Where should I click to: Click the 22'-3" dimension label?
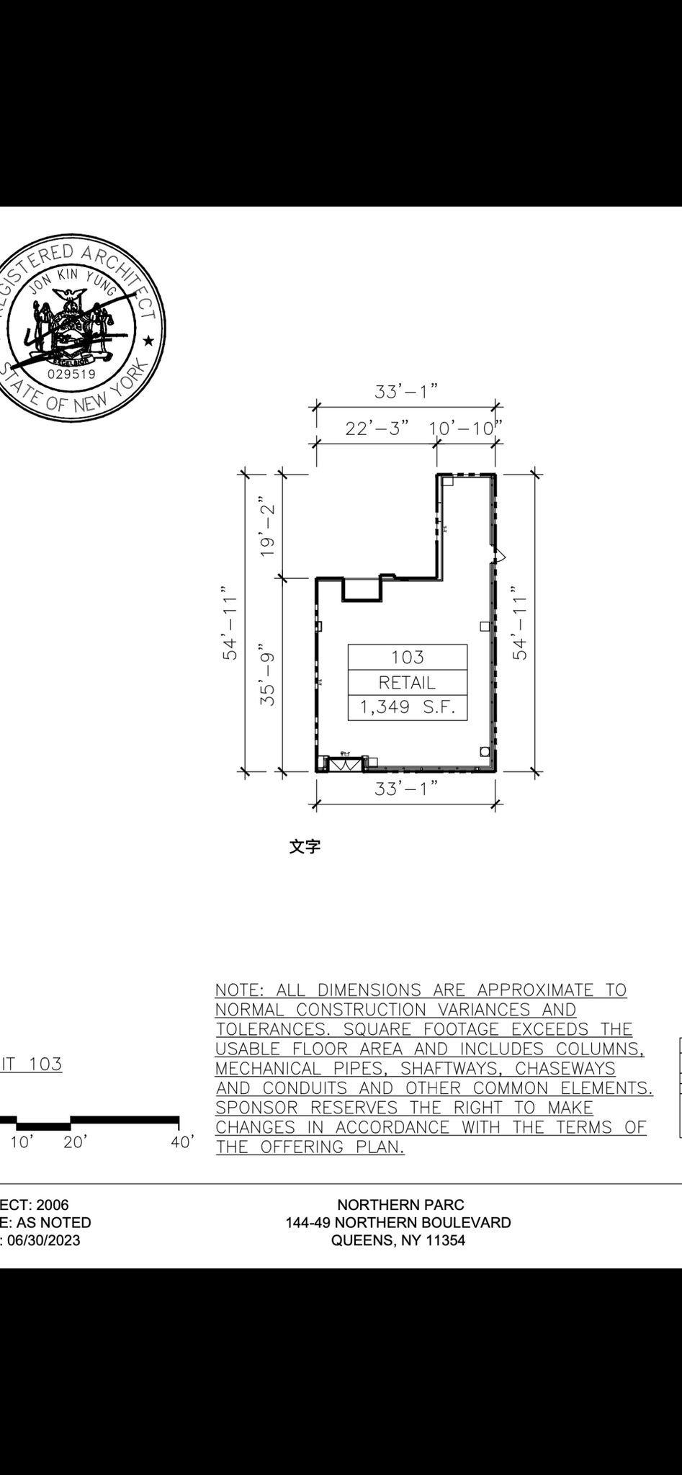(377, 429)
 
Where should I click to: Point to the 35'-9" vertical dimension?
(268, 674)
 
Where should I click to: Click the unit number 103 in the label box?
(408, 657)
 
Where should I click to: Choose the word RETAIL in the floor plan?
(408, 682)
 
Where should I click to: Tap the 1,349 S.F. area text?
(408, 707)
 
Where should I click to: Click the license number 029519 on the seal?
(71, 374)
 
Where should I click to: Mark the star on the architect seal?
(148, 339)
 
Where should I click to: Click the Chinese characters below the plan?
(305, 847)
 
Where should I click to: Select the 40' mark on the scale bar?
(182, 1142)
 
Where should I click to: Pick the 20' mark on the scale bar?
(75, 1142)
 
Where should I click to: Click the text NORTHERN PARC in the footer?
(400, 1204)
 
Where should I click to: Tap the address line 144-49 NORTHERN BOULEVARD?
(398, 1222)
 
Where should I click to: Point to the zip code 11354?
(445, 1240)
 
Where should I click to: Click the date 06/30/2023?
(44, 1240)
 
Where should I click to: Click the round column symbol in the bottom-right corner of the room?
(485, 752)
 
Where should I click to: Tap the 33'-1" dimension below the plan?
(406, 789)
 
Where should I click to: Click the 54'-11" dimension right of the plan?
(521, 628)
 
